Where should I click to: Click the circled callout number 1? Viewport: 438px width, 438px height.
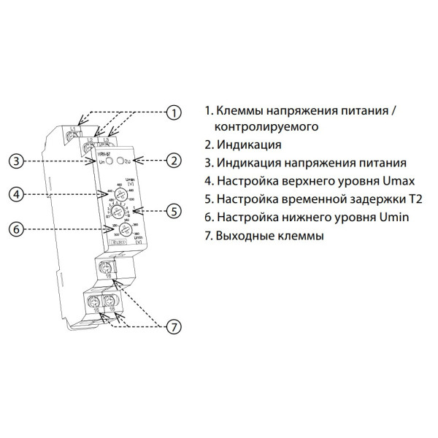point(174,112)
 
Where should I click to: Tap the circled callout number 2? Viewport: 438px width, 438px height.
point(174,160)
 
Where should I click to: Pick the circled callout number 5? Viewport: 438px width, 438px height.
point(174,212)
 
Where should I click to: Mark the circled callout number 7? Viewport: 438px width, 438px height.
point(174,327)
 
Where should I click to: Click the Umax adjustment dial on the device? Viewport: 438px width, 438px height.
point(107,193)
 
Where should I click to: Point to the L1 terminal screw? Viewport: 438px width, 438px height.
point(72,135)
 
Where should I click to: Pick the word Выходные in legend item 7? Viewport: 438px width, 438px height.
point(243,237)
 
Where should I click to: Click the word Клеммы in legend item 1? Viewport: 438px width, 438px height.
point(244,111)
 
